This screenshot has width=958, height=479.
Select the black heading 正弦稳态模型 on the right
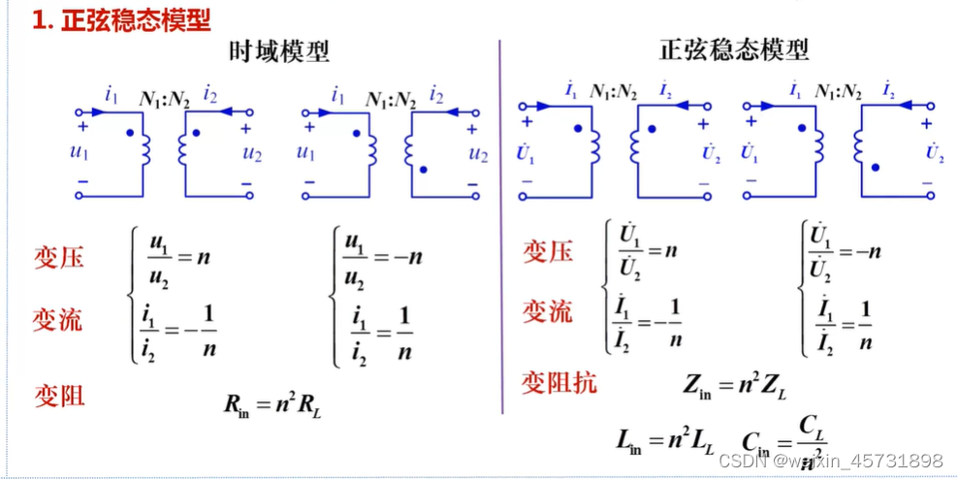click(734, 49)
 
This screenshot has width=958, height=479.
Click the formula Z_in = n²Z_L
click(735, 385)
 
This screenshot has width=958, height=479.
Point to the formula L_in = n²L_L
click(665, 441)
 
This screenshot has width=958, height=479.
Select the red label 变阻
click(59, 395)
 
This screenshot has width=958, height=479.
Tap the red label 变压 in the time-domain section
click(59, 256)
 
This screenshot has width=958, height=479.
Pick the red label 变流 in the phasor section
click(548, 311)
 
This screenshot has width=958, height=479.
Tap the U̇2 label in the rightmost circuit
click(934, 152)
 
